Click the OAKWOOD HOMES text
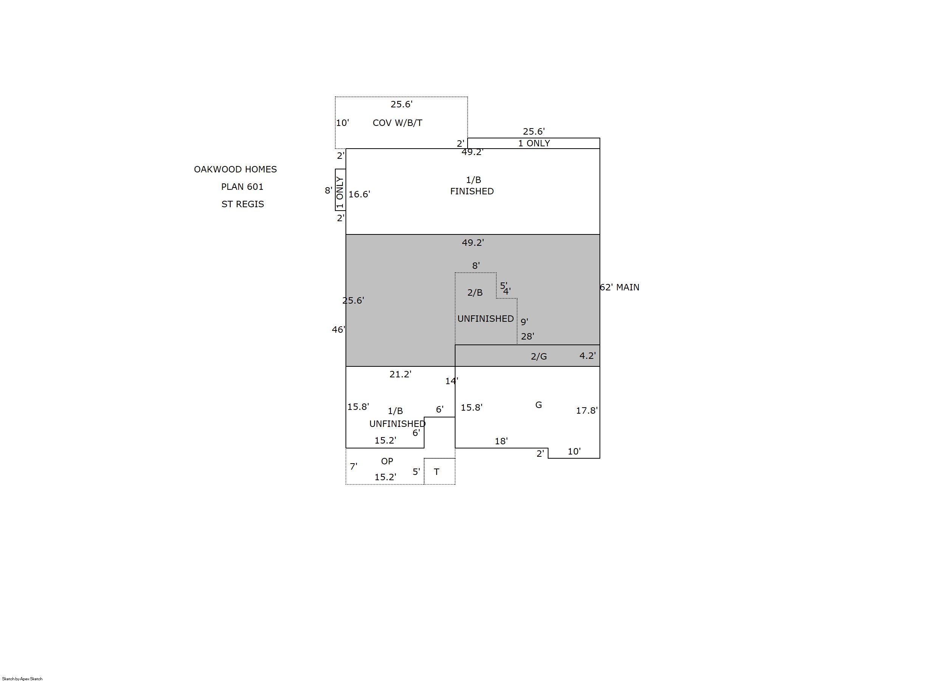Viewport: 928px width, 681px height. coord(235,169)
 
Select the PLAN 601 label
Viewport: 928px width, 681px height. coord(242,187)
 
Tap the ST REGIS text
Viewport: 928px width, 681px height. coord(243,204)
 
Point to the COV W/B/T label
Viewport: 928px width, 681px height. coord(397,123)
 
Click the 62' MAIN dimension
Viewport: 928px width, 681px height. coord(619,287)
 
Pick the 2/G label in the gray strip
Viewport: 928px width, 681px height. coord(539,357)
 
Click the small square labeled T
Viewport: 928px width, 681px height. coord(439,471)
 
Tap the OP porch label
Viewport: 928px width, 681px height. coord(387,461)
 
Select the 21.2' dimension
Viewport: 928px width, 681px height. coord(401,374)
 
